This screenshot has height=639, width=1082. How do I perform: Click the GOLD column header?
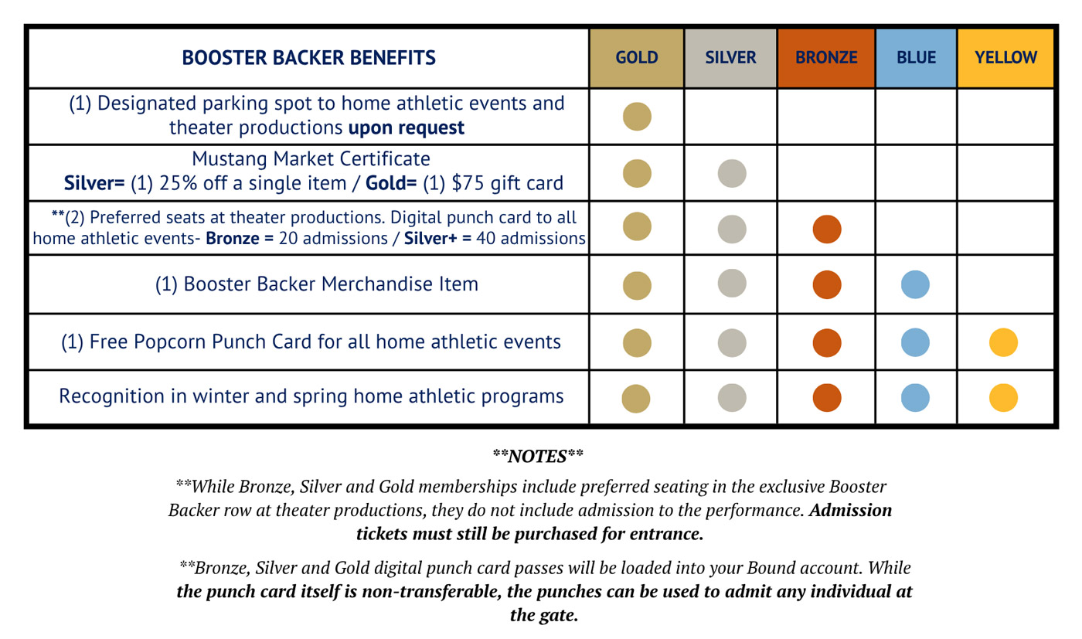click(x=637, y=57)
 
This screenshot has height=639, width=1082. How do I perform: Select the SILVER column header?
click(x=730, y=57)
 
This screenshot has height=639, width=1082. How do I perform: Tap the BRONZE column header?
click(x=826, y=57)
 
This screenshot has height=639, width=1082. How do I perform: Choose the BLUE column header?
click(x=916, y=57)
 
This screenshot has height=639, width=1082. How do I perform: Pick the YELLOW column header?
click(x=1005, y=57)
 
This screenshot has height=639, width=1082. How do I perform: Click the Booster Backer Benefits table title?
click(x=308, y=57)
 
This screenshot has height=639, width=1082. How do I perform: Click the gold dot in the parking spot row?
click(x=637, y=117)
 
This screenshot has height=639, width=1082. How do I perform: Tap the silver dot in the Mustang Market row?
click(x=732, y=173)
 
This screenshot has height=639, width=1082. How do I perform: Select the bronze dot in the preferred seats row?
click(x=826, y=229)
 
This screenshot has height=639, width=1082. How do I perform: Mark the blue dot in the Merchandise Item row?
click(x=915, y=284)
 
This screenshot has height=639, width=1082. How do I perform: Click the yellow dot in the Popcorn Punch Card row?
click(x=1003, y=342)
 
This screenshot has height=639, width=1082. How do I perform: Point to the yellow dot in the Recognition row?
click(x=1003, y=397)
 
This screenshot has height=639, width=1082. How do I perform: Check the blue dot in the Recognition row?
click(x=915, y=397)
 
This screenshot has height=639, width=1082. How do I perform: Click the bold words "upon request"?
click(x=406, y=128)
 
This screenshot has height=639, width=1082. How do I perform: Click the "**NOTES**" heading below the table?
click(x=538, y=456)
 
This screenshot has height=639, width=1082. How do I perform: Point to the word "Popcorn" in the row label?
click(x=169, y=342)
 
